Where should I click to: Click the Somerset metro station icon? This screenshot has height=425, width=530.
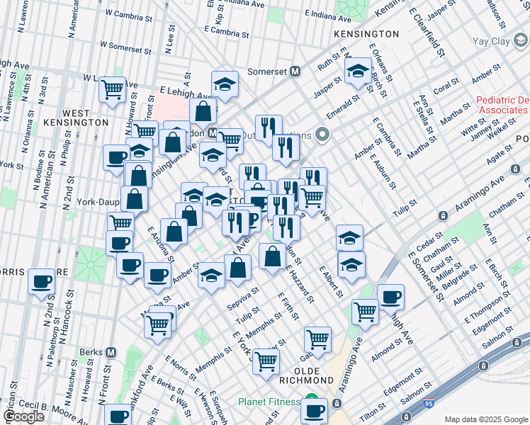pyautogui.click(x=295, y=72)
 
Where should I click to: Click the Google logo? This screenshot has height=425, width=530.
pyautogui.click(x=24, y=416)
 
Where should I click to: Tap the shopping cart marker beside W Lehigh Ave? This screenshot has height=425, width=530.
pyautogui.click(x=112, y=90)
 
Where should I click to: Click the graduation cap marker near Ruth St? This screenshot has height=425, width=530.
pyautogui.click(x=359, y=72)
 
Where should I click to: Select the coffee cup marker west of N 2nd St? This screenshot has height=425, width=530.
pyautogui.click(x=41, y=283)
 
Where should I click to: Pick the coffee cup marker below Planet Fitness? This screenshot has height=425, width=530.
pyautogui.click(x=314, y=409)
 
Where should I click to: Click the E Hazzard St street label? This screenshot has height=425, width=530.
pyautogui.click(x=300, y=284)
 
